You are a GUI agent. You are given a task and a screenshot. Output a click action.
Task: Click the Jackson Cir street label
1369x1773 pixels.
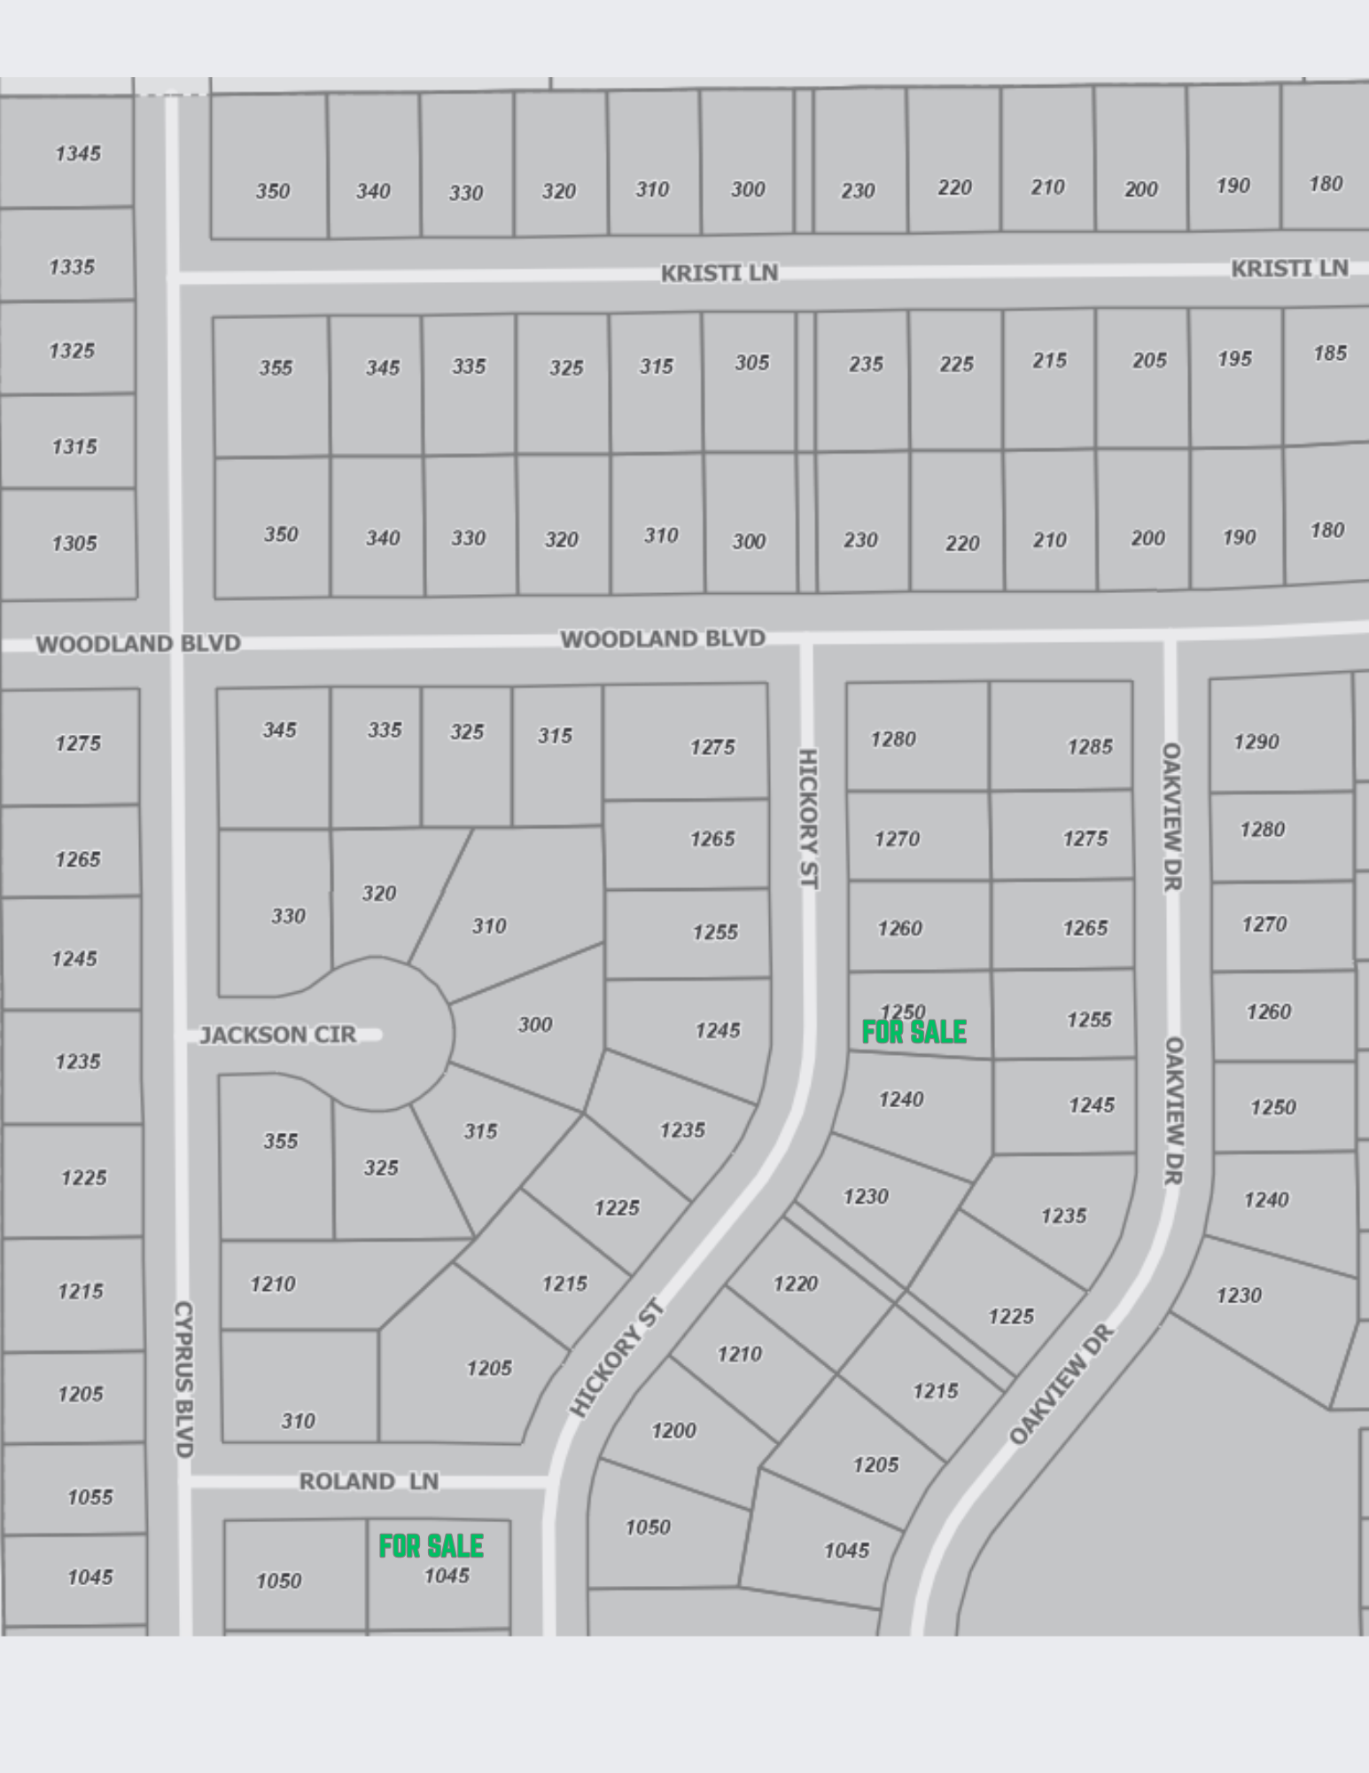point(277,1035)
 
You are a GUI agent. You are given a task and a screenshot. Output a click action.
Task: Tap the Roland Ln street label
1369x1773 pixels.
point(369,1481)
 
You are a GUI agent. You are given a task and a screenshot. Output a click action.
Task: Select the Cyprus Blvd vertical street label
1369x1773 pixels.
point(183,1379)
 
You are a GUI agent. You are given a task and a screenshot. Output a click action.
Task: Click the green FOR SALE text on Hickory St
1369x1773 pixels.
point(914,1032)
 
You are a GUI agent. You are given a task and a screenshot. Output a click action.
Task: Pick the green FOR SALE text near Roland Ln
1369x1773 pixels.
point(431,1546)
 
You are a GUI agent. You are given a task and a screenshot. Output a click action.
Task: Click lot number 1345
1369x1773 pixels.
point(78,153)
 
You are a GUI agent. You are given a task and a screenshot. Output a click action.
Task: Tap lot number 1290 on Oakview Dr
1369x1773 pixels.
point(1256,741)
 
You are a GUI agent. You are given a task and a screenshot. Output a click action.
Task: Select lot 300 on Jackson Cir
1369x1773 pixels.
point(534,1025)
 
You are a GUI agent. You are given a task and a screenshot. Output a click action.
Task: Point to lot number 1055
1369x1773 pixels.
point(89,1496)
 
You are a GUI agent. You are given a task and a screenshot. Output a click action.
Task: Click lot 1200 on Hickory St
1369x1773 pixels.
point(673,1430)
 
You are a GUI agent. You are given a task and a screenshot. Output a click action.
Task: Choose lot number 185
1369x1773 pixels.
point(1329,353)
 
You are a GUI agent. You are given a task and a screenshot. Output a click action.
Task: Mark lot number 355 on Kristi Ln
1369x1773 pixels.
point(276,367)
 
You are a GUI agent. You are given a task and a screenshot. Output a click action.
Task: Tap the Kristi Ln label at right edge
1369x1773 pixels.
point(1288,268)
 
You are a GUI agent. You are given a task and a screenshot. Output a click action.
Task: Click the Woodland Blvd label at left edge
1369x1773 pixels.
point(138,644)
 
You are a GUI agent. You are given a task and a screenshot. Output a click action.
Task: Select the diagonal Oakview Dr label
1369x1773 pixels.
point(1061,1385)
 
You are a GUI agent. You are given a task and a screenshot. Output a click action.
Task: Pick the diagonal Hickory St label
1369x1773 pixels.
point(616,1358)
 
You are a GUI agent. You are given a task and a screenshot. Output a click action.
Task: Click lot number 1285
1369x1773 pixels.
point(1089,746)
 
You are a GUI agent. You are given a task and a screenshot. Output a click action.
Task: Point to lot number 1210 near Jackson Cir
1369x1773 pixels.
point(272,1284)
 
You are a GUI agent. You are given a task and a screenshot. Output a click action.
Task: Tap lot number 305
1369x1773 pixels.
point(751,363)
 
